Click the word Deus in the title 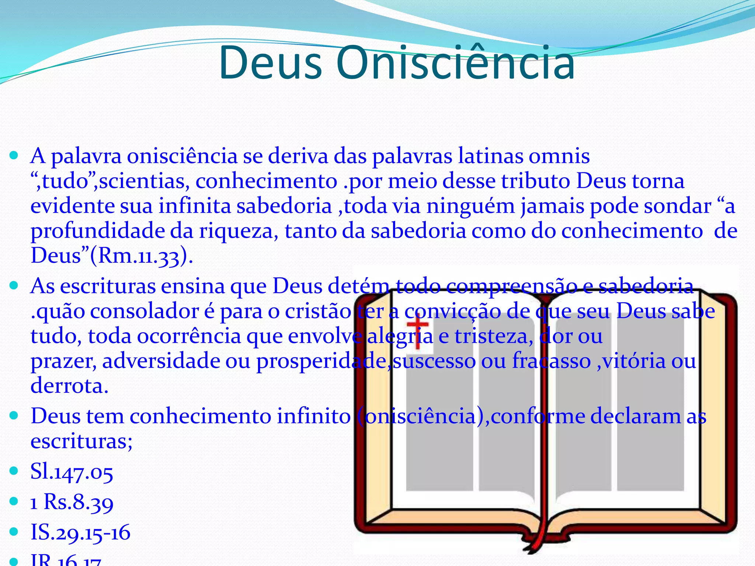[x=270, y=63]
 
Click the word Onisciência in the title [x=455, y=63]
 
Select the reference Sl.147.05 [x=72, y=471]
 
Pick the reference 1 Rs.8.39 [x=72, y=502]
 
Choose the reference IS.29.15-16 [x=80, y=532]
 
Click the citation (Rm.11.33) [x=142, y=255]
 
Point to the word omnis [x=559, y=156]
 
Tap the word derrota [x=69, y=386]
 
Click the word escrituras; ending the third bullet [x=81, y=441]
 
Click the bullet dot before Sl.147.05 [x=14, y=471]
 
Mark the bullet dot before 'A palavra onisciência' [x=14, y=156]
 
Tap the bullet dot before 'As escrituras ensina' [x=14, y=286]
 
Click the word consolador [x=145, y=311]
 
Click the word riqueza [x=239, y=231]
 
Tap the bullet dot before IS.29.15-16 [x=14, y=532]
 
